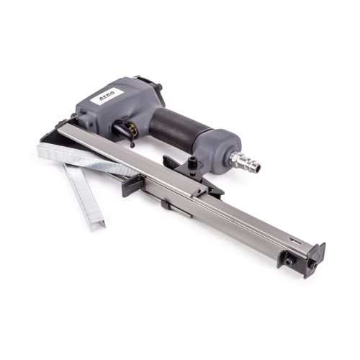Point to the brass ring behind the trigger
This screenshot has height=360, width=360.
tap(132, 127)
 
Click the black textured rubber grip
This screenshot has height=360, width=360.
tap(179, 130)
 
